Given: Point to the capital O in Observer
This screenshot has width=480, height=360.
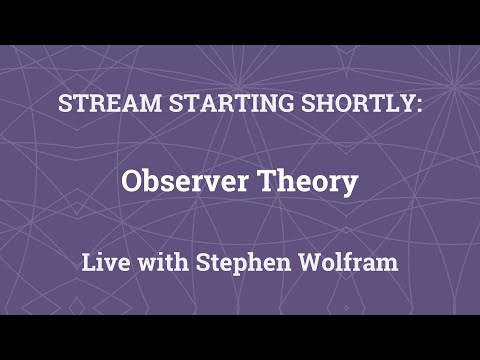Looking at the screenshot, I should pyautogui.click(x=132, y=183).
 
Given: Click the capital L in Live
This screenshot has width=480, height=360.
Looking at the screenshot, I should pyautogui.click(x=87, y=264).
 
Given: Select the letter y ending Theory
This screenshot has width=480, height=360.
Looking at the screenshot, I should pyautogui.click(x=349, y=186).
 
